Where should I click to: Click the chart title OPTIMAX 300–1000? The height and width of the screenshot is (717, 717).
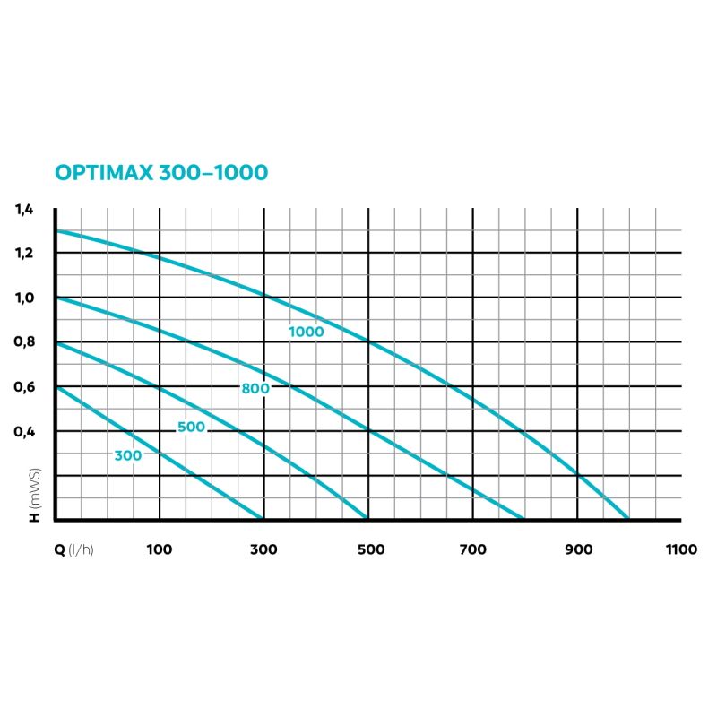(x=161, y=172)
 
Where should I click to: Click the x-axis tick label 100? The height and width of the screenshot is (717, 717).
(x=159, y=549)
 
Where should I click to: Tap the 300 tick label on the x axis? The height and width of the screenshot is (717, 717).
(x=263, y=549)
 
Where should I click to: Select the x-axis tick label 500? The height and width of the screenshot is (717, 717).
(x=368, y=549)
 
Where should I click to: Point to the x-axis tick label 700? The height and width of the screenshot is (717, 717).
(x=472, y=549)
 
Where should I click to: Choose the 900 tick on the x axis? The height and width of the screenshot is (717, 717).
(x=577, y=549)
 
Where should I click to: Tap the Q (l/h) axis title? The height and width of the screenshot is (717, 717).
(x=73, y=549)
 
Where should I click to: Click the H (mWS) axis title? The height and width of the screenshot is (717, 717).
(x=35, y=494)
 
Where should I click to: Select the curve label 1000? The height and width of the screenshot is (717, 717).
(x=306, y=332)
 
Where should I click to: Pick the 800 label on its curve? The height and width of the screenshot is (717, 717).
(x=255, y=388)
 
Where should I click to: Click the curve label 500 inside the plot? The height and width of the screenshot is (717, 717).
(x=191, y=428)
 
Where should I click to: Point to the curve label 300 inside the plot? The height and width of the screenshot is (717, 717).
(x=128, y=455)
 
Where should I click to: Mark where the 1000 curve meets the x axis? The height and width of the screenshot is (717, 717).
(x=628, y=518)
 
